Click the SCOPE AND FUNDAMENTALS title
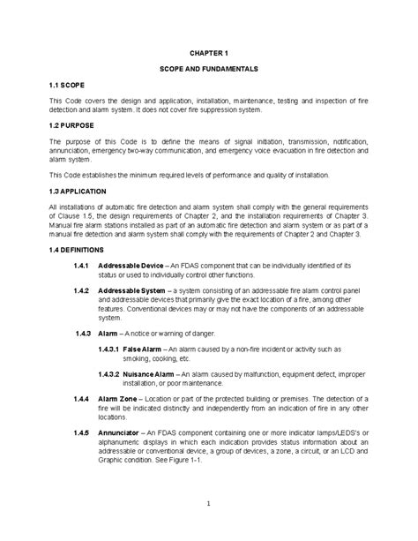209,68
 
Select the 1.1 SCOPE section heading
67,84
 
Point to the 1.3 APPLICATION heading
78,190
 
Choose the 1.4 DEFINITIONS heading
78,248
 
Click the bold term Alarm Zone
119,399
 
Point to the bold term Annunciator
121,432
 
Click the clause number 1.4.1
83,264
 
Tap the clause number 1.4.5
83,432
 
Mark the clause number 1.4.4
83,399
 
